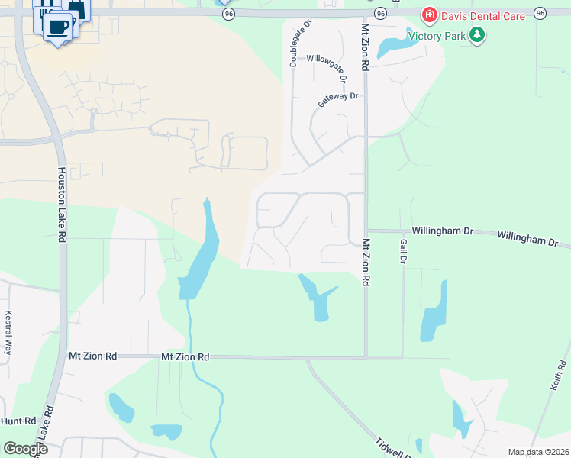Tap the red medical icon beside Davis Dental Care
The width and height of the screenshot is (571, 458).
click(429, 16)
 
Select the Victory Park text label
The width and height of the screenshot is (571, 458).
click(437, 35)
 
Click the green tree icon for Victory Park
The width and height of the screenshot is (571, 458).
click(477, 35)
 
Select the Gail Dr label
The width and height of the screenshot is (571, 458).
click(403, 250)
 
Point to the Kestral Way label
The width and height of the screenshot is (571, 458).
click(9, 332)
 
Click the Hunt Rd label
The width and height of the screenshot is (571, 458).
click(18, 421)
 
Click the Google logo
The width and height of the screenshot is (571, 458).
click(25, 448)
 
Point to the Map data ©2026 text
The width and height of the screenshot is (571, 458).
click(537, 452)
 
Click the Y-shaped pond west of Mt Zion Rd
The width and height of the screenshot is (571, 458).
click(317, 298)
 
